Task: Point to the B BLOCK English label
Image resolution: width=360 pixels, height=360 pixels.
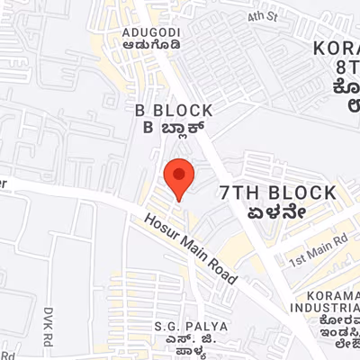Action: [x=173, y=110]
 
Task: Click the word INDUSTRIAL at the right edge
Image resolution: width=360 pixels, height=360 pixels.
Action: [x=333, y=310]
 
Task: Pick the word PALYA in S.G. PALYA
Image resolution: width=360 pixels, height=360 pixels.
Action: [x=205, y=324]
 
